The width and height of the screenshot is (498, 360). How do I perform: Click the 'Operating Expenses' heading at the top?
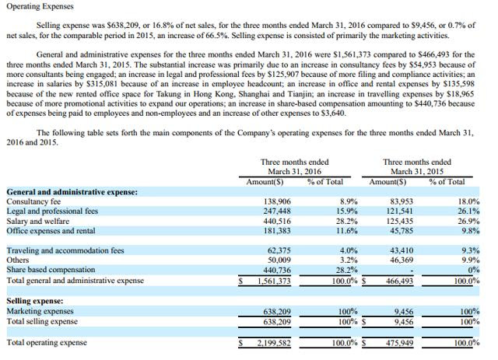(x=40, y=6)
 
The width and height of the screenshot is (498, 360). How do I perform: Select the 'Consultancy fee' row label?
(x=33, y=201)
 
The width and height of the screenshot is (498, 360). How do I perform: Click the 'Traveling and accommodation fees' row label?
(x=65, y=250)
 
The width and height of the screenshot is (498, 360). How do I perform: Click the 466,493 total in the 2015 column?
(x=398, y=281)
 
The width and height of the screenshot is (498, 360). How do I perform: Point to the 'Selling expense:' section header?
(x=34, y=300)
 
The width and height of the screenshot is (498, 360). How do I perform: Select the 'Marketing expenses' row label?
(x=40, y=310)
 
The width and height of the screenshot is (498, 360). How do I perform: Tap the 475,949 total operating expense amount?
(x=398, y=342)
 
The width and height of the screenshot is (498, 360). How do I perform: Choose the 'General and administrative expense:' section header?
(x=72, y=191)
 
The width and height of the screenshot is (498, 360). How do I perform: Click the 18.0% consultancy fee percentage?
(x=469, y=201)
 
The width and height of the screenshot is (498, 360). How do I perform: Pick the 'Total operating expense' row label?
(x=47, y=342)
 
